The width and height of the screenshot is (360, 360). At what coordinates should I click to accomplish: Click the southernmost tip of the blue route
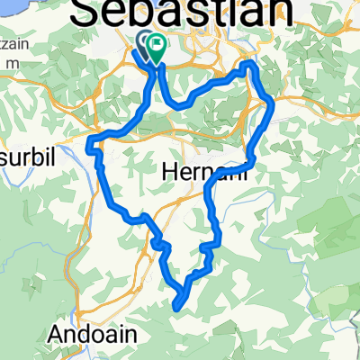175,306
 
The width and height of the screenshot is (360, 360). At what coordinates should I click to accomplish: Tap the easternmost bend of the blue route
271,105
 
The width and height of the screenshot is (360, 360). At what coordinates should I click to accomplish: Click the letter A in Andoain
56,333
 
